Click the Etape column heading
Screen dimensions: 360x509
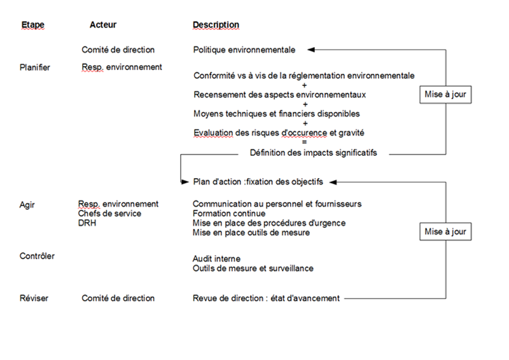click(x=32, y=25)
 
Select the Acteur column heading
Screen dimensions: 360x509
click(x=103, y=25)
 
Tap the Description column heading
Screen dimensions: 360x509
click(x=216, y=25)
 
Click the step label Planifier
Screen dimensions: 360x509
click(x=35, y=67)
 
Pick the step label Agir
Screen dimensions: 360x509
click(x=29, y=204)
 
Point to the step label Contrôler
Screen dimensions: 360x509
click(x=37, y=256)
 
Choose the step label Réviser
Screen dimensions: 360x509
click(x=34, y=298)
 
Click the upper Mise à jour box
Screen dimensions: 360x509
click(x=446, y=95)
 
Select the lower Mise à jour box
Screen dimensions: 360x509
click(x=446, y=232)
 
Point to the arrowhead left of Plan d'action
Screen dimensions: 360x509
click(x=185, y=182)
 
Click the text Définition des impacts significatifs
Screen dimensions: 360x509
click(x=313, y=153)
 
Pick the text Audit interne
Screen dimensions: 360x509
click(x=217, y=259)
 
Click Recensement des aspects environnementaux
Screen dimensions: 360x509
click(x=279, y=95)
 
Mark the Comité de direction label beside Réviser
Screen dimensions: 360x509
click(x=118, y=298)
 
